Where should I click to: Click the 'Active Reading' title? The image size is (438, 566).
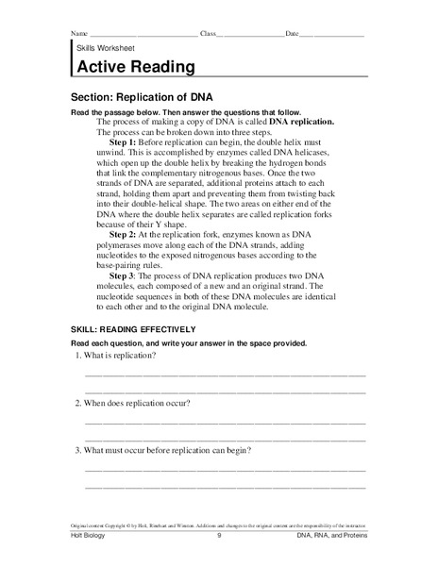click(135, 67)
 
